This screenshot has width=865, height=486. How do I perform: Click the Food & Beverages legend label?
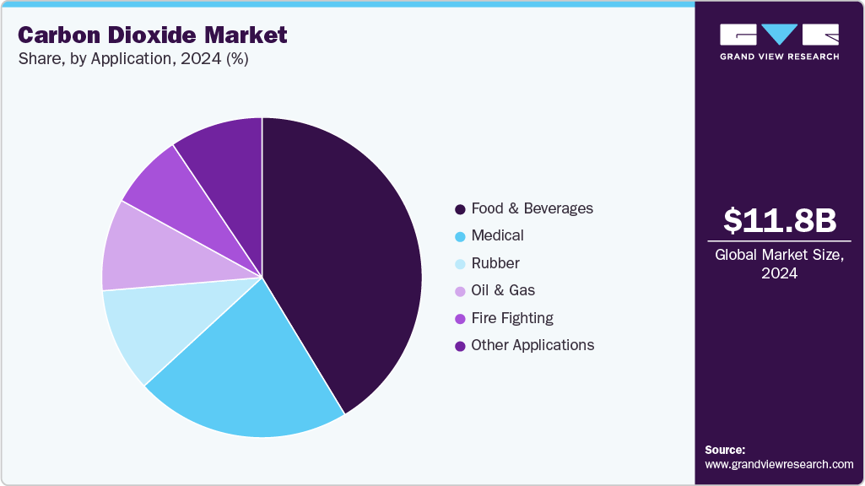pos(532,208)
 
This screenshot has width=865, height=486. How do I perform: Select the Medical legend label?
pos(497,235)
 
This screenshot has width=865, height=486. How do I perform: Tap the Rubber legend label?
pos(495,263)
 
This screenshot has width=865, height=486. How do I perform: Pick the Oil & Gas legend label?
pos(503,290)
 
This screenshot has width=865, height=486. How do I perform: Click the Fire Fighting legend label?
pos(512,318)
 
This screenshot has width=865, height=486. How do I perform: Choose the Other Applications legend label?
pos(533,345)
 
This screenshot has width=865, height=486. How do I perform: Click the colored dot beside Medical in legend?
pos(460,236)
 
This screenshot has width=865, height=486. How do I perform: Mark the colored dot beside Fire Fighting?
pos(460,319)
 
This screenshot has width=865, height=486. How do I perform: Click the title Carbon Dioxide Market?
pos(152,35)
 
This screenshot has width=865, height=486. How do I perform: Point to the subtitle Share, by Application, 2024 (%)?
pos(133,59)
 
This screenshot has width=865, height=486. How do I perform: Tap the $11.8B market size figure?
pos(779,220)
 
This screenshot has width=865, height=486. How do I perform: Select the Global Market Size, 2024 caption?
pos(779,264)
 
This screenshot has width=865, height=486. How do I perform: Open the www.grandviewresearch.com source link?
pos(779,464)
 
